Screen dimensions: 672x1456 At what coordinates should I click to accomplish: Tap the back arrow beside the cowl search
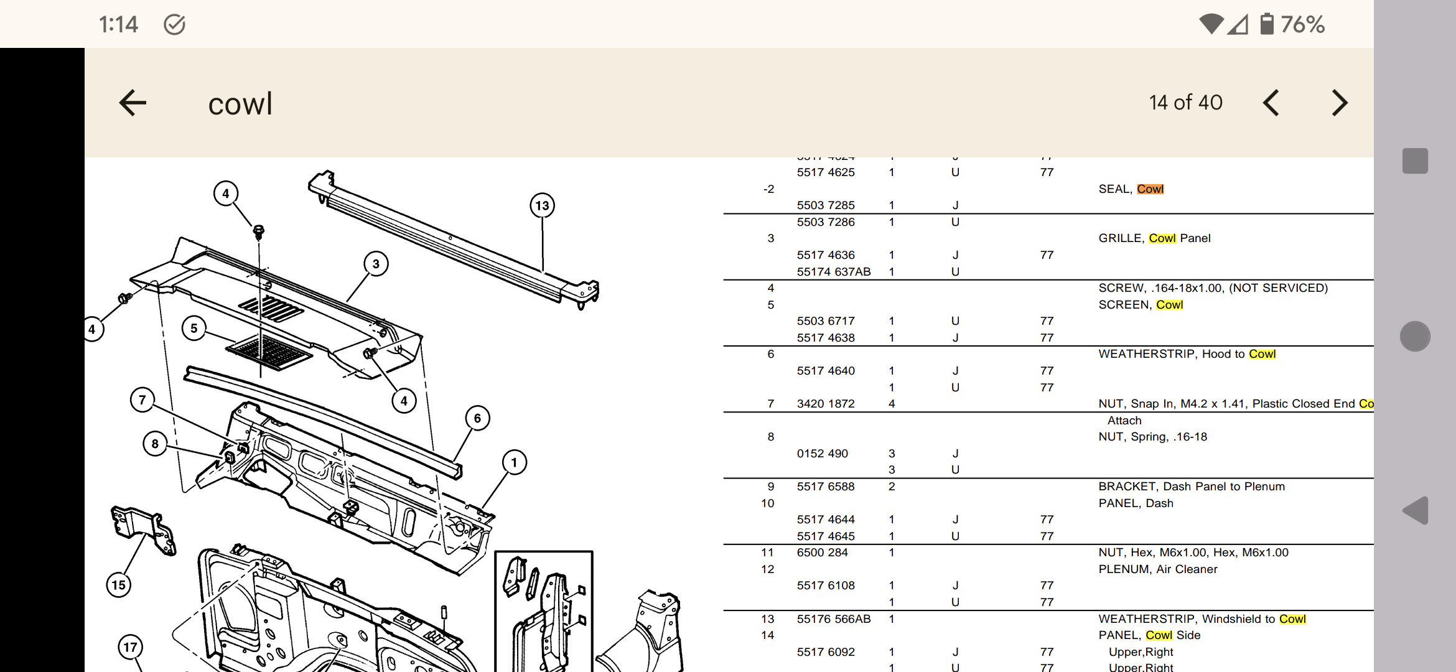point(133,103)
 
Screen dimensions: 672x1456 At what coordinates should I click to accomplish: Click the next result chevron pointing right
point(1340,103)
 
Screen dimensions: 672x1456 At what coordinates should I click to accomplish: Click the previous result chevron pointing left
point(1271,103)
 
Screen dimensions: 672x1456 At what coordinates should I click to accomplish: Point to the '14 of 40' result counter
point(1185,103)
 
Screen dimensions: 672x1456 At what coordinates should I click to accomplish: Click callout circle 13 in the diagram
point(542,206)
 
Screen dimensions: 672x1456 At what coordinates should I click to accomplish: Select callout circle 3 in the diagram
point(376,264)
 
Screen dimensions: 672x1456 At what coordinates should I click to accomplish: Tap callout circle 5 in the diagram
point(194,329)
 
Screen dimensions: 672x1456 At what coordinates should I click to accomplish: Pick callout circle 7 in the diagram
point(142,399)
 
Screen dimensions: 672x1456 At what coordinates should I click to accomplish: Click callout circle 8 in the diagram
point(155,444)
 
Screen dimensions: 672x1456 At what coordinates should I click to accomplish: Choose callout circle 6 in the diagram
point(477,418)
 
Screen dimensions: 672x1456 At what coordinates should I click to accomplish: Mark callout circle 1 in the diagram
point(514,462)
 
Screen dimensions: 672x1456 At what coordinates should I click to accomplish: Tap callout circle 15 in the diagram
point(118,585)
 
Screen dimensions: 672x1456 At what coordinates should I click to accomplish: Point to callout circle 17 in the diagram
point(130,647)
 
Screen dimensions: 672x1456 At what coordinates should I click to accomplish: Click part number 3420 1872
point(826,404)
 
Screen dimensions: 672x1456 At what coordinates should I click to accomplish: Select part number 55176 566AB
point(833,619)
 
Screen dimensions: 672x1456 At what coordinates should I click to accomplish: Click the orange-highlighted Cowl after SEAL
point(1150,189)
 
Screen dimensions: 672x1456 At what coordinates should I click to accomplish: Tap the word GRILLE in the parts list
point(1121,238)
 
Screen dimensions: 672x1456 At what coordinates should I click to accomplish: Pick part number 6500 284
point(822,553)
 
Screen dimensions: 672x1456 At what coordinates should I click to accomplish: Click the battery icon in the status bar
point(1267,24)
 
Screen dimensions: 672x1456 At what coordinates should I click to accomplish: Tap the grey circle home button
point(1415,337)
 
